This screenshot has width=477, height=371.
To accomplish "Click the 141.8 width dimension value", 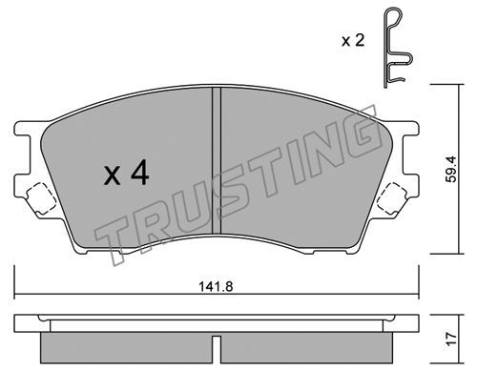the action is click(x=216, y=287).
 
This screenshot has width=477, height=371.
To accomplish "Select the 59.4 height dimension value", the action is click(x=451, y=169).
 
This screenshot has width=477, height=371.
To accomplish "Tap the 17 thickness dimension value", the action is click(x=451, y=339).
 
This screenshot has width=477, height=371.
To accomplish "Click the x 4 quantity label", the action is click(x=127, y=173).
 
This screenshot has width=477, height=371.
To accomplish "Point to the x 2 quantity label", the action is click(x=353, y=41).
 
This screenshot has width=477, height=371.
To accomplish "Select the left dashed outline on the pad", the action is click(x=41, y=198).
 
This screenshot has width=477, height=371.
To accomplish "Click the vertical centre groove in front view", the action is click(x=217, y=160).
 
